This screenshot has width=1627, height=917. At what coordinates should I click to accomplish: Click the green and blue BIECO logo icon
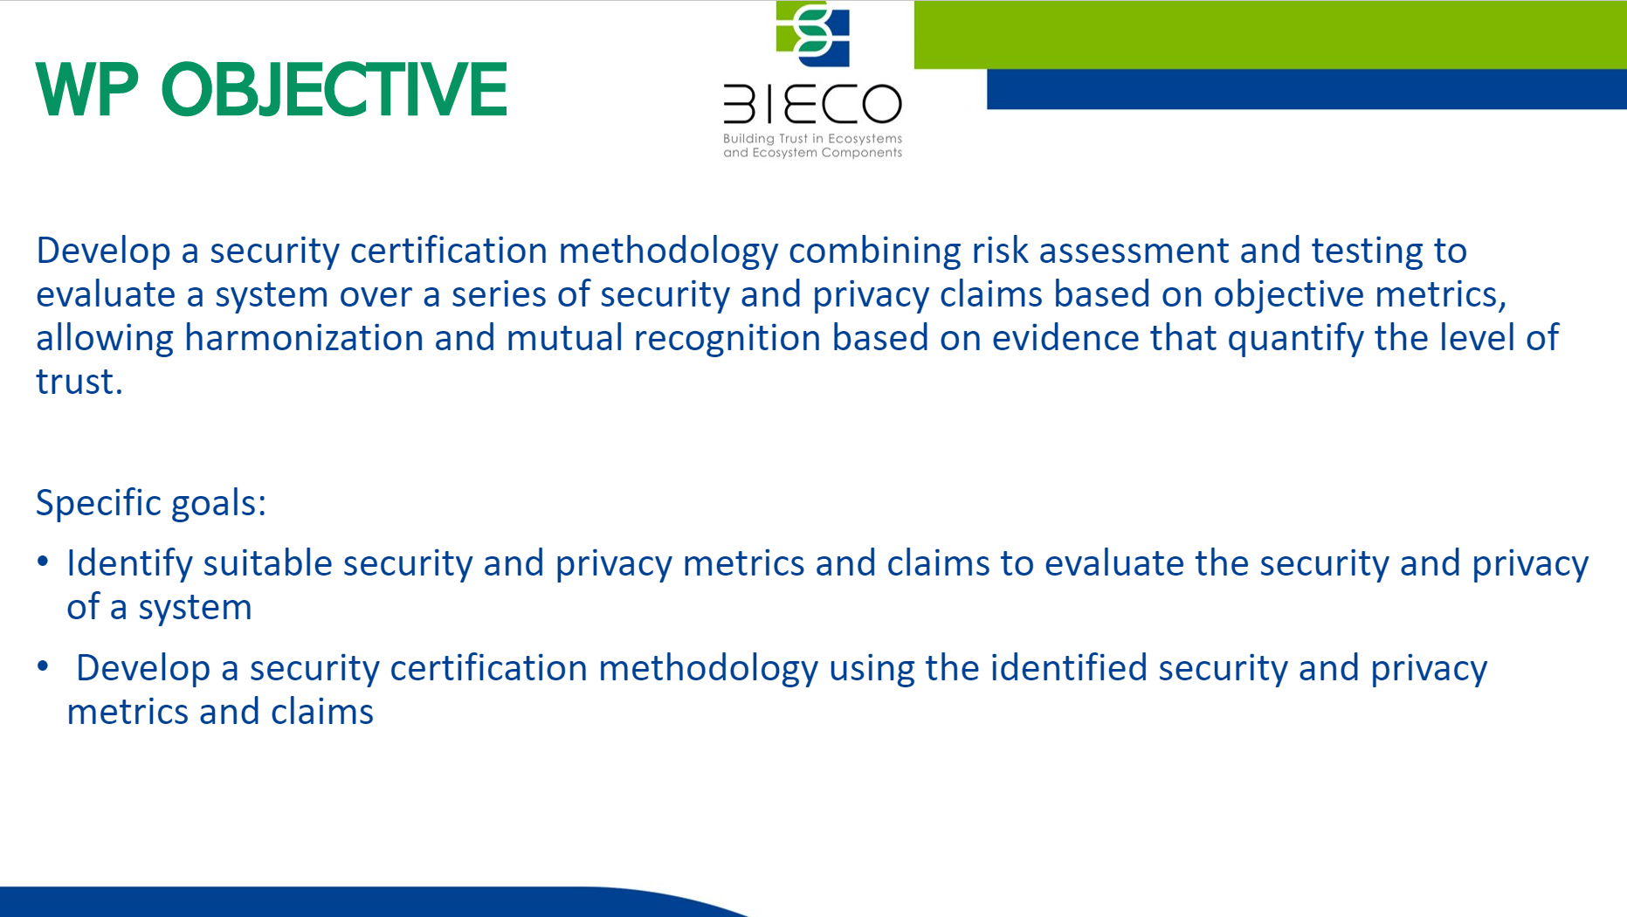click(813, 34)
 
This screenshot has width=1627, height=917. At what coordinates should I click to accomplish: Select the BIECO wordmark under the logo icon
click(812, 105)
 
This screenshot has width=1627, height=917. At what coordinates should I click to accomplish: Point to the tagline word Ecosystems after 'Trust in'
click(865, 139)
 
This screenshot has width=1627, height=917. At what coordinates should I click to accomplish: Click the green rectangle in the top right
click(1270, 35)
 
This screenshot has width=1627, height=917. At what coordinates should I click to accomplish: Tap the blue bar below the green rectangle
click(1306, 89)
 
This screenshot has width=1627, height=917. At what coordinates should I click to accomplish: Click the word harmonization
click(304, 338)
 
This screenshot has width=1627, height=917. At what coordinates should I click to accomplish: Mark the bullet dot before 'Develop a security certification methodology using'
click(43, 666)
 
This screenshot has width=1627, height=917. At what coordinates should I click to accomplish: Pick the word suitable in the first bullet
click(267, 563)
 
